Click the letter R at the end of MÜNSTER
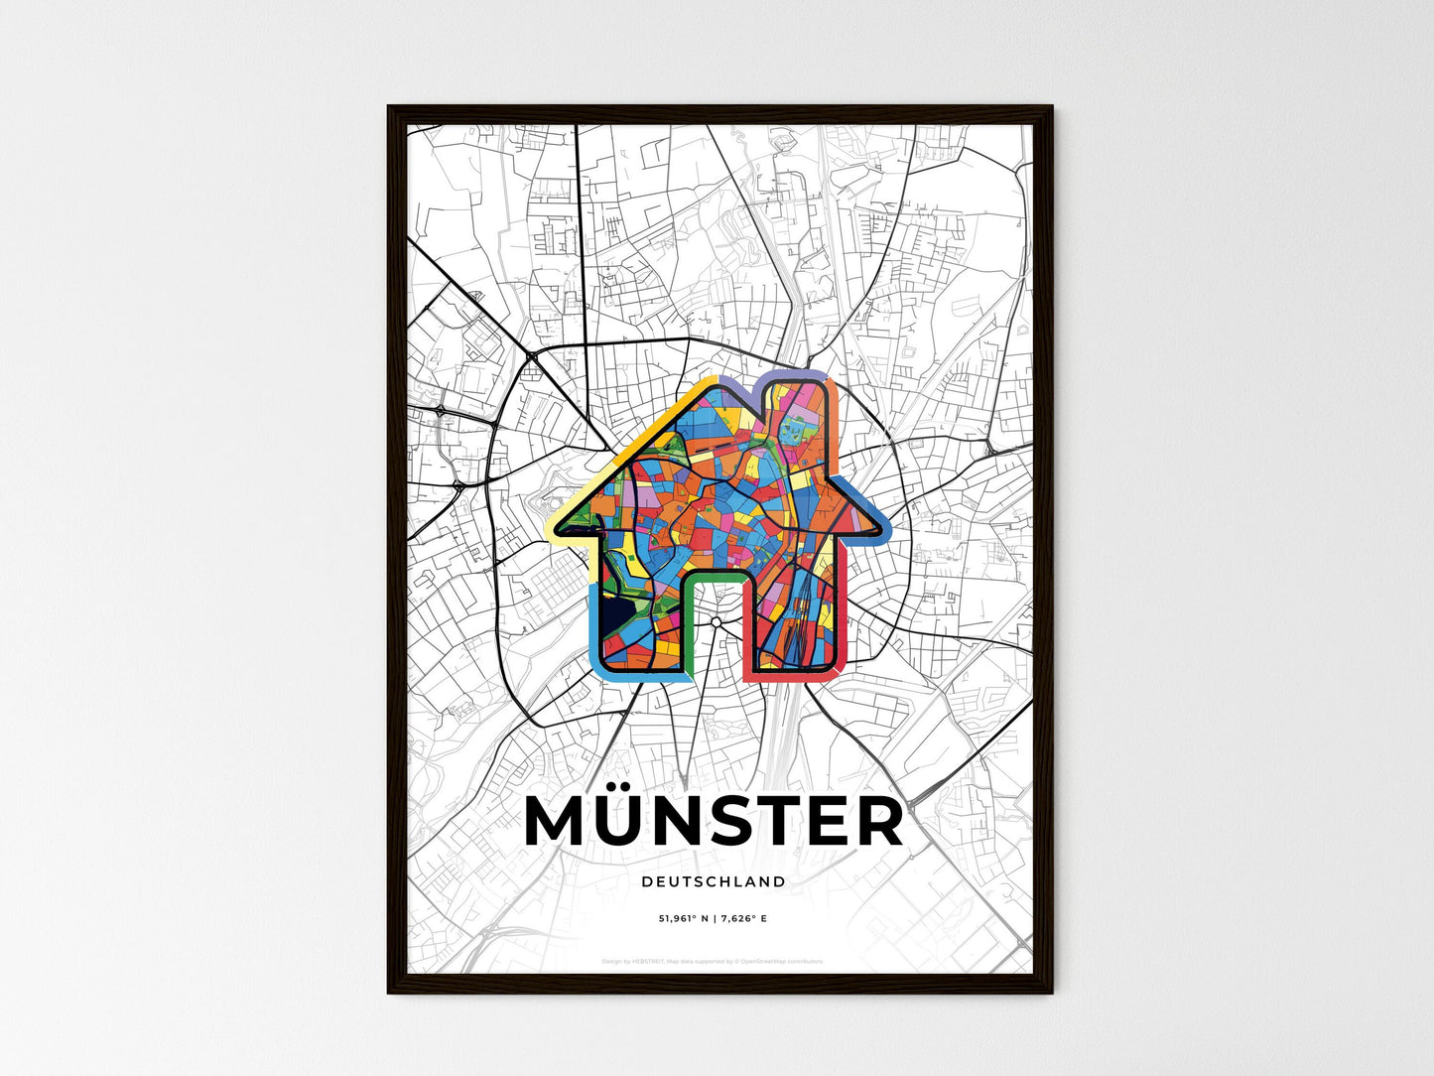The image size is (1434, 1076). (x=875, y=821)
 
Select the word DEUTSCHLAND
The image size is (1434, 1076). (x=714, y=881)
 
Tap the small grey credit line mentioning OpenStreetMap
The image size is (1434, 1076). (x=713, y=961)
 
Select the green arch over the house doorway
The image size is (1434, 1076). (x=715, y=576)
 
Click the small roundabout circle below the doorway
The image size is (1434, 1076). (x=716, y=622)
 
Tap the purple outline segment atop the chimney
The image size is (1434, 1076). (x=794, y=373)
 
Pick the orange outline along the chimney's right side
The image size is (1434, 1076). (x=835, y=417)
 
